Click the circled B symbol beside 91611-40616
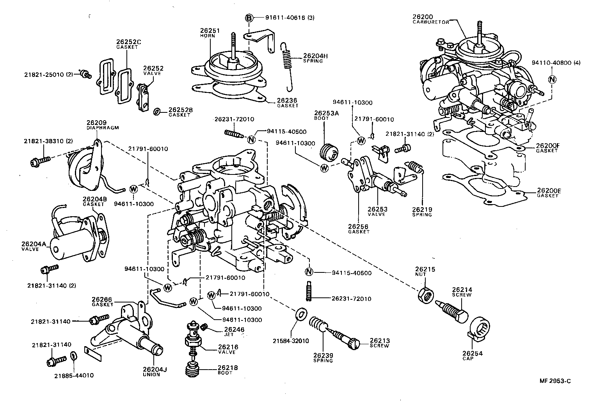click(x=249, y=18)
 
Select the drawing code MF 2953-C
click(x=554, y=381)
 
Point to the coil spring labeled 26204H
click(x=288, y=62)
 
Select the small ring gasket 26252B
click(x=157, y=112)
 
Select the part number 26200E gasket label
click(x=549, y=190)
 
